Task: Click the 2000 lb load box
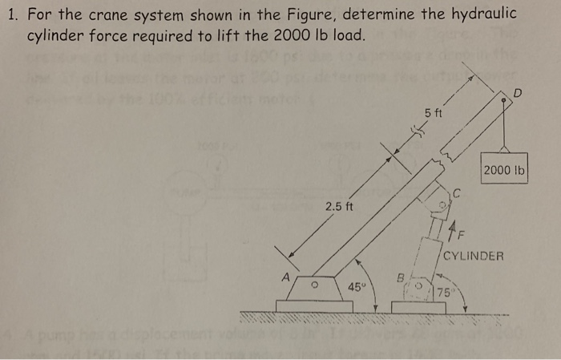(x=505, y=170)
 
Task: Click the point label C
(x=456, y=192)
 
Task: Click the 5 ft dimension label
(x=434, y=114)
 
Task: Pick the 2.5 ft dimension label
(x=339, y=208)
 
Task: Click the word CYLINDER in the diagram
(x=474, y=257)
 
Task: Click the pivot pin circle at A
(x=317, y=282)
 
